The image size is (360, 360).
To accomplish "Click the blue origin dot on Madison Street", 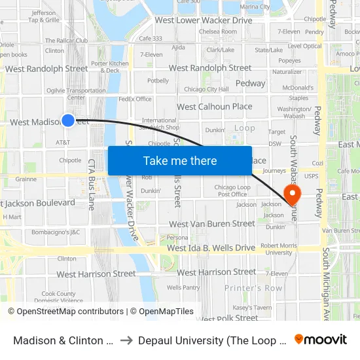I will click(68, 120).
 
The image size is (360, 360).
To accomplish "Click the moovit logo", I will click(321, 340).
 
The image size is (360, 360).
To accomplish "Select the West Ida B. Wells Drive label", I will click(211, 248).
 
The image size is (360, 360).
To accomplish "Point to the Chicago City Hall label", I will click(206, 89).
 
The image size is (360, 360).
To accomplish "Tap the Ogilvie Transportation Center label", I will click(76, 94).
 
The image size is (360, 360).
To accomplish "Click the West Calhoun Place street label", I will click(214, 107).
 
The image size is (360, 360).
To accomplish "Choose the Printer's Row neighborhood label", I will click(253, 288).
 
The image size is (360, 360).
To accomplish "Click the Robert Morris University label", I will click(276, 249).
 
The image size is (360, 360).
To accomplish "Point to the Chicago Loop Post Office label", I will click(232, 190).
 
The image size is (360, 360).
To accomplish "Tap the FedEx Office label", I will click(135, 99).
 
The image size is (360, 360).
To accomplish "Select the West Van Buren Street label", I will click(211, 224).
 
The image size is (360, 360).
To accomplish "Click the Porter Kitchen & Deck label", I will click(105, 67).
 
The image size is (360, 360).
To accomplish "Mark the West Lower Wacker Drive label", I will click(203, 20).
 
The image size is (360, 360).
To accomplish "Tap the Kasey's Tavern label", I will click(252, 308).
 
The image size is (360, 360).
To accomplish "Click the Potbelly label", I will click(158, 81).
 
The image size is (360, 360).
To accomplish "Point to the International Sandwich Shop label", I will click(160, 124).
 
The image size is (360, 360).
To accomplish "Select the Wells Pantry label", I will click(183, 287).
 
